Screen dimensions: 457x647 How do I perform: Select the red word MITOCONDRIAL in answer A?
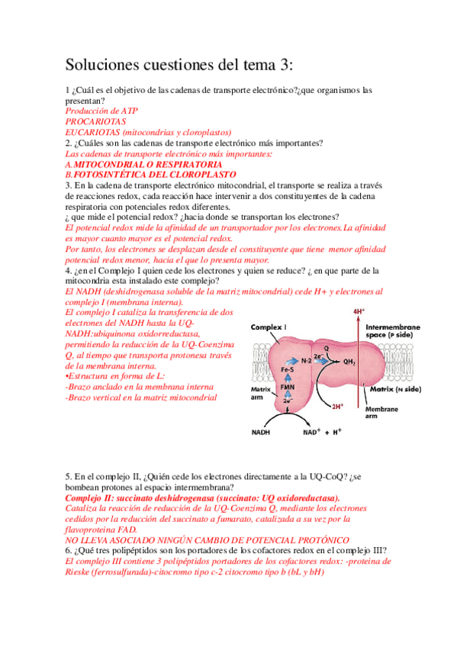tap(106, 164)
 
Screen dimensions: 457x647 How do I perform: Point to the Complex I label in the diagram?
tap(269, 327)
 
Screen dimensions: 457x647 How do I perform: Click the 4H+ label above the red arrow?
tap(359, 312)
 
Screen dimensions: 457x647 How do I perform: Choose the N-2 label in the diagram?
tap(307, 359)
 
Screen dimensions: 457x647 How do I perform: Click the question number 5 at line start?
tap(68, 477)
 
